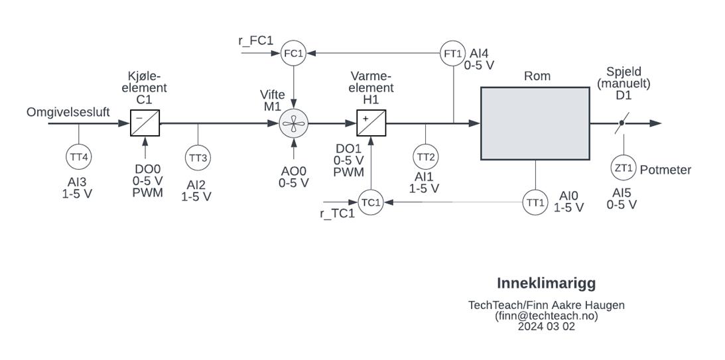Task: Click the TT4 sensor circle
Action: coord(79,157)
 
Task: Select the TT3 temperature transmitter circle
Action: coord(198,158)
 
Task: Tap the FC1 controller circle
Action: coord(294,53)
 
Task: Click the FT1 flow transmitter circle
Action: coord(452,53)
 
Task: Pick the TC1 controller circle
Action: coord(371,202)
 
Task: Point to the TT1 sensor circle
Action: coord(535,202)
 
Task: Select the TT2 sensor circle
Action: coord(426,156)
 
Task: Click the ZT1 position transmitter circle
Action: coord(624,168)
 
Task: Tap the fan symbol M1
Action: coord(294,123)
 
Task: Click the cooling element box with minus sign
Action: coord(145,123)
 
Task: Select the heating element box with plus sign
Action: coord(371,123)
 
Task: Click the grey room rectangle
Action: coord(535,123)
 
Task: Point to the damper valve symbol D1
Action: coord(622,123)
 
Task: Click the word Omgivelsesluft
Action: coord(68,112)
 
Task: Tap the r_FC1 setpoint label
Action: coord(255,40)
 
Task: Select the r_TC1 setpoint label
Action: coord(338,213)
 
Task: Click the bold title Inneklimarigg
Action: coord(547,283)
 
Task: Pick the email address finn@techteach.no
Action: coord(547,316)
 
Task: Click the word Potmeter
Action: coord(665,170)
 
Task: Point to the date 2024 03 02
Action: coord(547,326)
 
